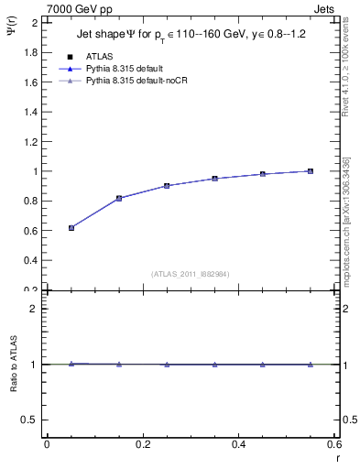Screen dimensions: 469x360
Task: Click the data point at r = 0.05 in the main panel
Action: coord(71,228)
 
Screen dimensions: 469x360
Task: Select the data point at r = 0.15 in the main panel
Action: coord(119,198)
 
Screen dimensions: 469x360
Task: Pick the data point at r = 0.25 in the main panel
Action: coord(167,186)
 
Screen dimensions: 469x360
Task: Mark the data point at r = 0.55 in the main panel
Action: coord(311,171)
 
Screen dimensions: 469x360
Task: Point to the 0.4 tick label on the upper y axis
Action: coord(30,260)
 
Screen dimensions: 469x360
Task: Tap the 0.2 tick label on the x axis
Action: coord(142,443)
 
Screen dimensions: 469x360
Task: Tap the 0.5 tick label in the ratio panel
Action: coord(30,420)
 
